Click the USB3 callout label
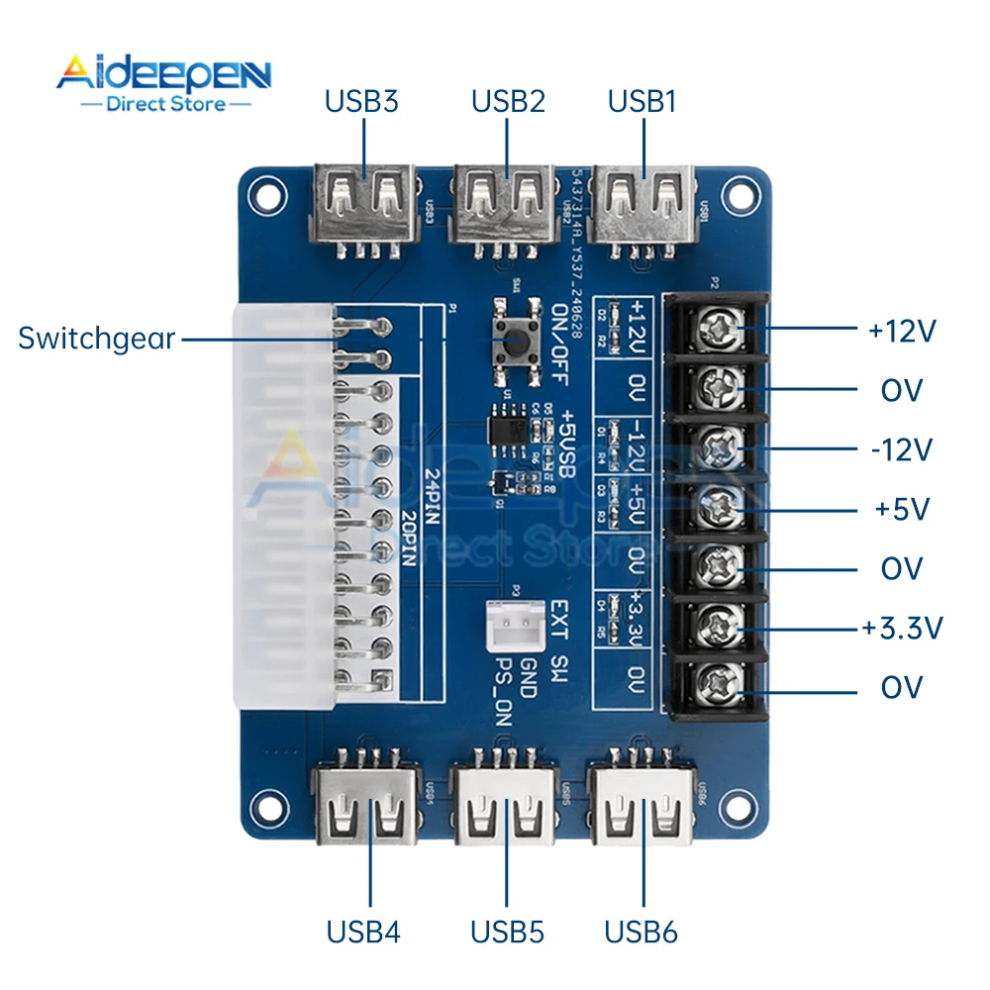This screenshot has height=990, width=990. point(362,101)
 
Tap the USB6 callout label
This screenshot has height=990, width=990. point(643,932)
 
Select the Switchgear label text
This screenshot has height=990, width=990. point(96,339)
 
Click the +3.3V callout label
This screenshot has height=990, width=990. point(902,628)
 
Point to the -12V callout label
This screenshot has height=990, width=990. point(901,449)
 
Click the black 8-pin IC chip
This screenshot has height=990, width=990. point(508,429)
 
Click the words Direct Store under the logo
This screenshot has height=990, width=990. point(165,104)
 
